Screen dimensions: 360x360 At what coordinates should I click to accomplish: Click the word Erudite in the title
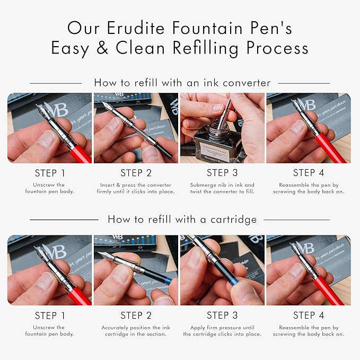(x=136, y=28)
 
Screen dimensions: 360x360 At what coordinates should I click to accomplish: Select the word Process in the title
(x=277, y=48)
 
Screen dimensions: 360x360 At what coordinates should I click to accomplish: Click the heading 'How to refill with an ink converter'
(x=182, y=83)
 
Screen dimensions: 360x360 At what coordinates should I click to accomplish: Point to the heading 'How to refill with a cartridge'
(x=182, y=219)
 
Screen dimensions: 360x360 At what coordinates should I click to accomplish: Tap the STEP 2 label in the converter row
(x=136, y=173)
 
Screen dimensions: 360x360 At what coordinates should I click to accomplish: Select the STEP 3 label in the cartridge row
(x=222, y=315)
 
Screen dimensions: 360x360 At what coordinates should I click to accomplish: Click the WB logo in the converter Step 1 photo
(x=57, y=110)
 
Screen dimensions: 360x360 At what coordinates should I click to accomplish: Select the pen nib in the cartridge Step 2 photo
(x=106, y=256)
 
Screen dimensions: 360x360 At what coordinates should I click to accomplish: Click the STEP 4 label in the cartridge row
(x=309, y=315)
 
